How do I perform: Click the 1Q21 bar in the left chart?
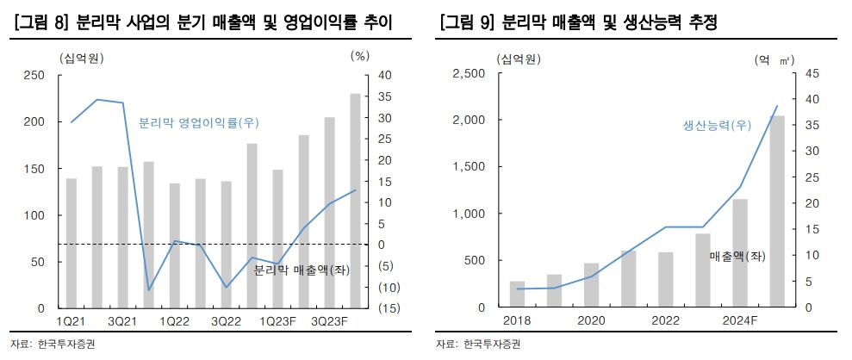coord(72,243)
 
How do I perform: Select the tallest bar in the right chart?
coord(777,211)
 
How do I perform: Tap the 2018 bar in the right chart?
coord(517,294)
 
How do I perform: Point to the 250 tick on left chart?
coord(34,75)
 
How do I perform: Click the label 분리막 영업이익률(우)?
coord(198,122)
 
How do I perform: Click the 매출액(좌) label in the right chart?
coord(737,256)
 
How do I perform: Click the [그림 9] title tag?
coord(466,23)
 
